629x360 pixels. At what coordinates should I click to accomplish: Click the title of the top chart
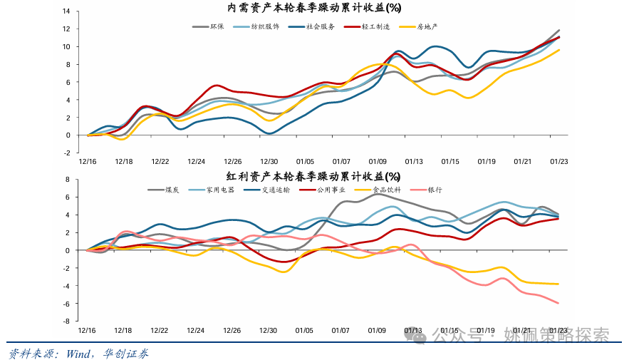(314, 9)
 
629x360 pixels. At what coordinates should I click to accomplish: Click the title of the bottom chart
(314, 176)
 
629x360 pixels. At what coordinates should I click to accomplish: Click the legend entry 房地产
(427, 26)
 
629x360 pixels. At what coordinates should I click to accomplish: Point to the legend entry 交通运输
(275, 190)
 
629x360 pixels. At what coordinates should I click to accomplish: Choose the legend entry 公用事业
(331, 190)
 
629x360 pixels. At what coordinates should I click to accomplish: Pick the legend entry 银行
(435, 190)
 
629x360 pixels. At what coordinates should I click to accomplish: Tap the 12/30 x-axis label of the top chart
(269, 162)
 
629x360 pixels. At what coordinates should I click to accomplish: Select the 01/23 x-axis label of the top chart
(558, 162)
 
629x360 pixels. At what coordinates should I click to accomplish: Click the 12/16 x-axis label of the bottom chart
(87, 331)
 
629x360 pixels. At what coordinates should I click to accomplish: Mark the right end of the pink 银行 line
(558, 303)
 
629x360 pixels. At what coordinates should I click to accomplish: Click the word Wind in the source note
(80, 353)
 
